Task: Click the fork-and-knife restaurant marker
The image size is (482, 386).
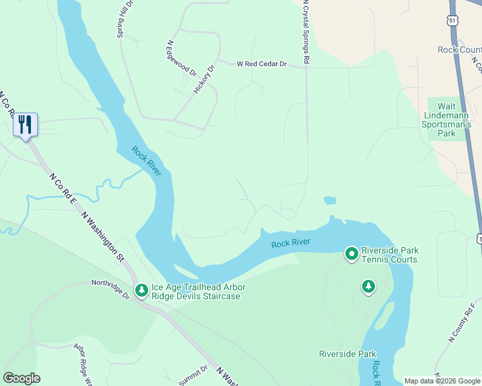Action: (x=25, y=124)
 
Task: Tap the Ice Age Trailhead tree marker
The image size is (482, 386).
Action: (x=141, y=291)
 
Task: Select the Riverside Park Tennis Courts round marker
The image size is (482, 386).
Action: (x=351, y=254)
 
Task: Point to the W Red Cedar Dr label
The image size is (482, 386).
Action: (x=261, y=64)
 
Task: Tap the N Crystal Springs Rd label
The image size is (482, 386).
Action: (x=307, y=32)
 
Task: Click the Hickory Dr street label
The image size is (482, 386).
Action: (x=204, y=79)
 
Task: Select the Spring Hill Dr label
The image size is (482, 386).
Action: (x=124, y=19)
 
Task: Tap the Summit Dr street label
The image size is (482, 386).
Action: (x=193, y=376)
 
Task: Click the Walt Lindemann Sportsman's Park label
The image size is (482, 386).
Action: (x=446, y=120)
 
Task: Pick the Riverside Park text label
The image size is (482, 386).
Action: (x=347, y=354)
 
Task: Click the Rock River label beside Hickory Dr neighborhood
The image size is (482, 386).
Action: (x=146, y=160)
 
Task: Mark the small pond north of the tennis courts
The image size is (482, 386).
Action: (x=329, y=201)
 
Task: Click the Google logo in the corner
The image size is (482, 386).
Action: (x=21, y=378)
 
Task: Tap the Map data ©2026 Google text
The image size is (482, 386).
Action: (x=442, y=381)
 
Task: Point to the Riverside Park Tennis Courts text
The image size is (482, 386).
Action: (x=389, y=255)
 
